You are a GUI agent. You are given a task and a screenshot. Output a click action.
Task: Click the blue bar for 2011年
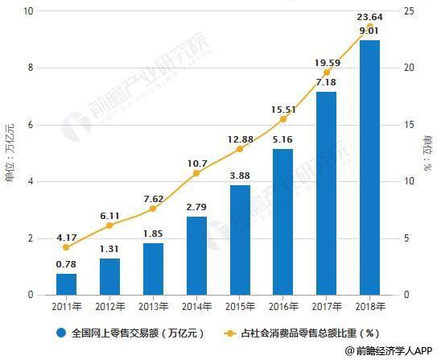click(x=67, y=284)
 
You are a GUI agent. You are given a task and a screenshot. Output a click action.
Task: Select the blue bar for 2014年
click(x=196, y=256)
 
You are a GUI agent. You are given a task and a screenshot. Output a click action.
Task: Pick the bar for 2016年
click(x=282, y=222)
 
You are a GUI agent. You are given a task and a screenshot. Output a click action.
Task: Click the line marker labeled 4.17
click(x=67, y=247)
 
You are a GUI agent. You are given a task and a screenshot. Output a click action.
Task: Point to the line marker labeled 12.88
click(x=240, y=149)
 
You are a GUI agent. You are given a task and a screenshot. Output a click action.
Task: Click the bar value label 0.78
click(x=67, y=263)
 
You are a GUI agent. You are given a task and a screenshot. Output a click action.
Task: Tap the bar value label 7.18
click(x=326, y=82)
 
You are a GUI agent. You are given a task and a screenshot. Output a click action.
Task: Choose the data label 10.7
click(x=196, y=163)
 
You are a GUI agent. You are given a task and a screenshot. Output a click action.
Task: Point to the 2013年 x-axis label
click(x=153, y=307)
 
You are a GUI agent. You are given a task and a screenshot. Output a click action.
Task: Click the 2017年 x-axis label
click(x=326, y=307)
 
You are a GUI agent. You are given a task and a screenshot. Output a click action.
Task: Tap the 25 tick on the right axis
click(x=409, y=11)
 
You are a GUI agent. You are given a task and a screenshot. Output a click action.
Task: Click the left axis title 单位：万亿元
click(x=10, y=153)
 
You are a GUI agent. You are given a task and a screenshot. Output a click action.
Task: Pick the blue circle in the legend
click(x=61, y=332)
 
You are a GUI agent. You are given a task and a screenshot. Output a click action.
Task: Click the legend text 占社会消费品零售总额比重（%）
click(x=299, y=332)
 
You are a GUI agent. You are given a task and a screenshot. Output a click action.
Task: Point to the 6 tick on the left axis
click(x=31, y=125)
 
